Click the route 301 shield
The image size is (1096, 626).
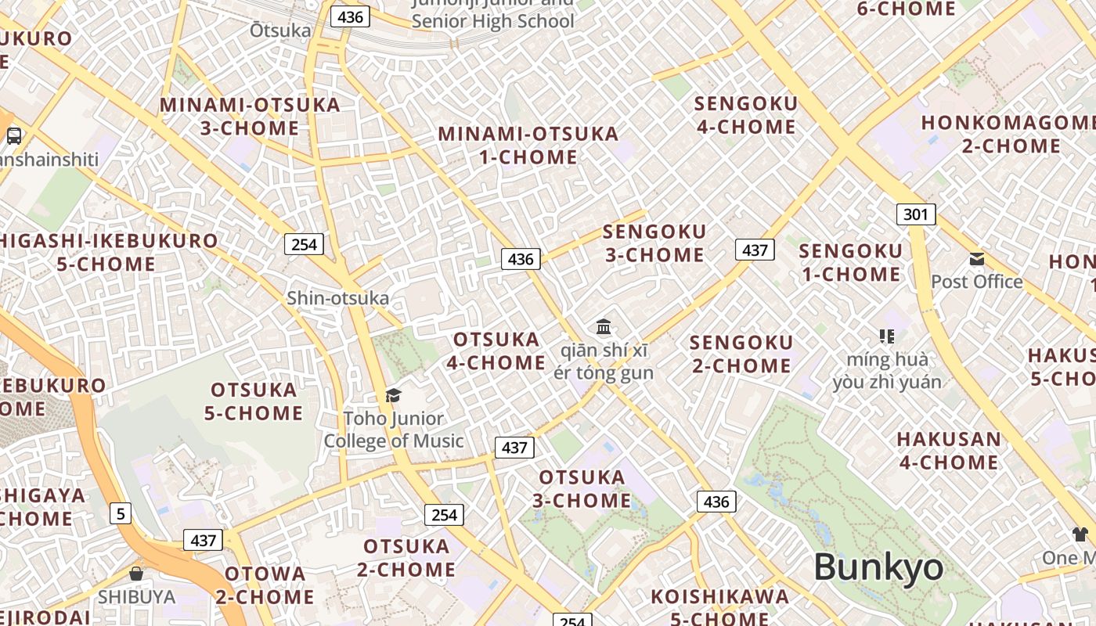click(x=915, y=214)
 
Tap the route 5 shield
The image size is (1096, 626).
click(x=120, y=513)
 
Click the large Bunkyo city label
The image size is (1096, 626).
click(x=878, y=567)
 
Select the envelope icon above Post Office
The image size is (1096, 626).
click(x=977, y=259)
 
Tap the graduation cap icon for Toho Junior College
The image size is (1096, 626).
click(x=393, y=395)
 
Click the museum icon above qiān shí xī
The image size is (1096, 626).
click(x=604, y=326)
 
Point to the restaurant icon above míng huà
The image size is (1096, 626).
click(x=887, y=336)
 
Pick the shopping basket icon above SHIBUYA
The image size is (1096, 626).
click(x=136, y=574)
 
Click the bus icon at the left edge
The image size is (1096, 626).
click(x=14, y=136)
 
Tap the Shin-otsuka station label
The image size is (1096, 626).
click(x=337, y=298)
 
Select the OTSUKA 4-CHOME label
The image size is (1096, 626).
click(x=496, y=351)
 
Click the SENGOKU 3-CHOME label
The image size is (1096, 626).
click(x=654, y=243)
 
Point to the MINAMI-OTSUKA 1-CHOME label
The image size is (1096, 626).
click(x=528, y=145)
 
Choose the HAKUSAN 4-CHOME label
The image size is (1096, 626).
click(x=949, y=451)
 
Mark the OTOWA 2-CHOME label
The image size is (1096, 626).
click(x=265, y=585)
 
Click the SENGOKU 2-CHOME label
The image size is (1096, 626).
click(x=741, y=354)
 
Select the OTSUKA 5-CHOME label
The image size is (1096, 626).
click(x=254, y=401)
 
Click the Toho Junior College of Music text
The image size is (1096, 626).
click(x=394, y=430)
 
